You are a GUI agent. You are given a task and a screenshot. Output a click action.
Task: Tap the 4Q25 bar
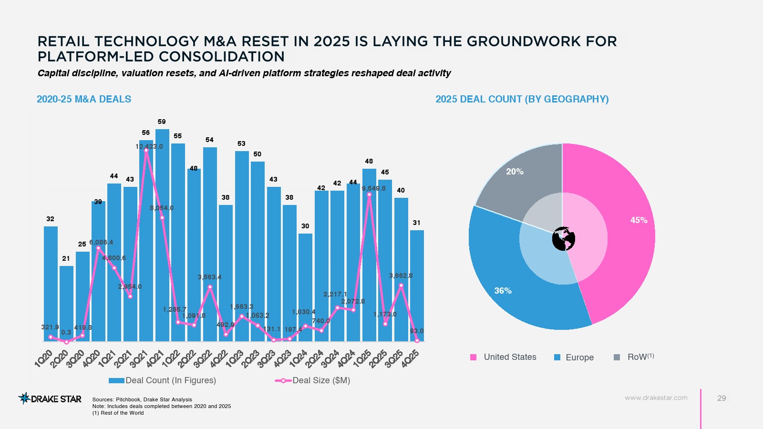pyautogui.click(x=417, y=286)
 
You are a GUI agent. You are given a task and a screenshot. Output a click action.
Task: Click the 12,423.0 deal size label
pyautogui.click(x=149, y=146)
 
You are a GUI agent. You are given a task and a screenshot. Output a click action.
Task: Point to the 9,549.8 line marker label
pyautogui.click(x=373, y=188)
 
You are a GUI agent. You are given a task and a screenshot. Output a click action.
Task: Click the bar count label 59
pyautogui.click(x=162, y=122)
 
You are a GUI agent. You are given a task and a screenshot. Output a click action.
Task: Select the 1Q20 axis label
pyautogui.click(x=44, y=358)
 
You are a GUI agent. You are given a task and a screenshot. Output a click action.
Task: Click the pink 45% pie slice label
pyautogui.click(x=639, y=220)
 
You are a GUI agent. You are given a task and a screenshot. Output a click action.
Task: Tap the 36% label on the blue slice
pyautogui.click(x=503, y=290)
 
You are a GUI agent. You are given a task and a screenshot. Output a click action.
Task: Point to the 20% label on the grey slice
pyautogui.click(x=515, y=172)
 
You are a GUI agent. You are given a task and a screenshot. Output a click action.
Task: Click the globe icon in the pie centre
pyautogui.click(x=563, y=239)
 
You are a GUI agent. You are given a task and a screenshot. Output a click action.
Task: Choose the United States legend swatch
pyautogui.click(x=474, y=357)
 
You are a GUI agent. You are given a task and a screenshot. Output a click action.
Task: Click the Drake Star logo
pyautogui.click(x=50, y=398)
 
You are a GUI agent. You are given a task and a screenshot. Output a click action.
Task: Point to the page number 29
pyautogui.click(x=722, y=398)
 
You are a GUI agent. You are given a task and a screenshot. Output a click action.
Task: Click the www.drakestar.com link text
pyautogui.click(x=656, y=398)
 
